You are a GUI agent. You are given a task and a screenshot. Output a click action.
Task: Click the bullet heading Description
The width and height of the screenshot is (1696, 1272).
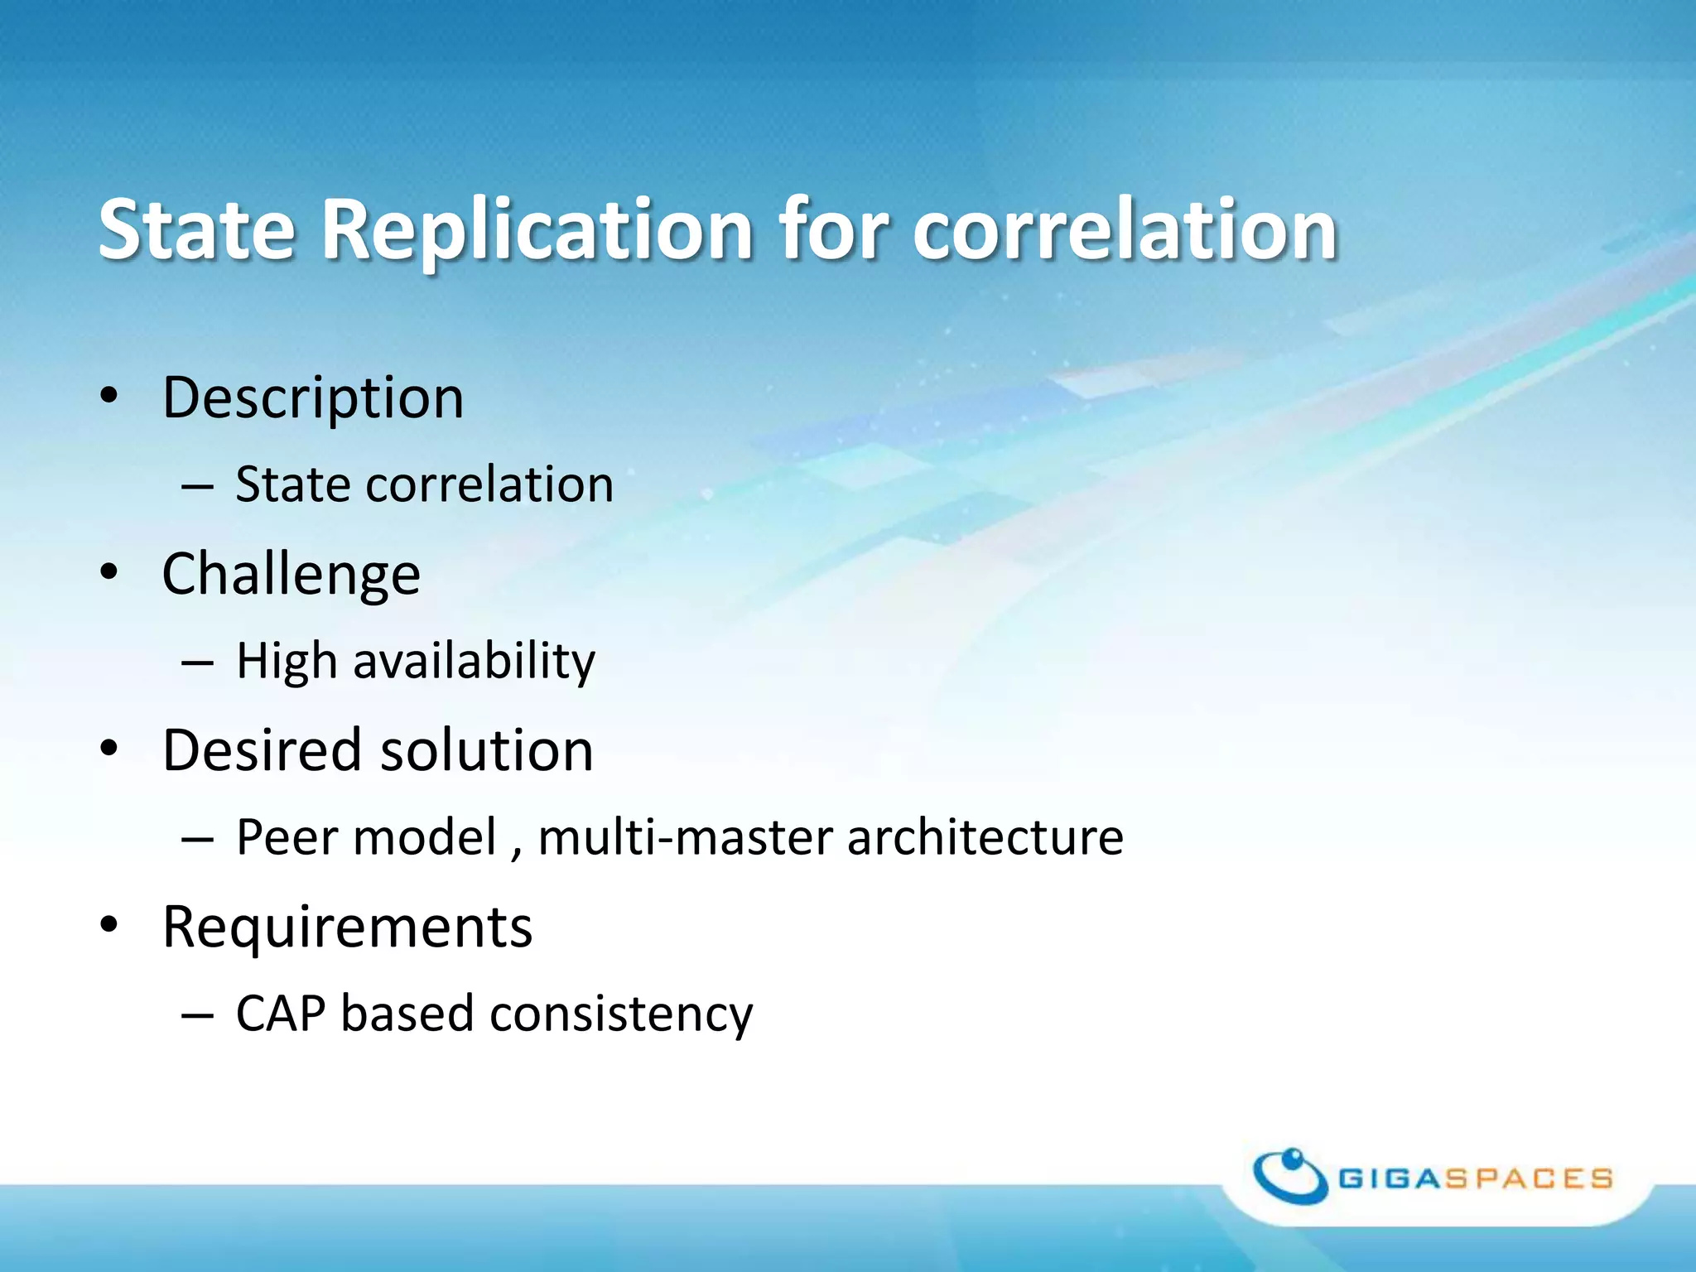[312, 398]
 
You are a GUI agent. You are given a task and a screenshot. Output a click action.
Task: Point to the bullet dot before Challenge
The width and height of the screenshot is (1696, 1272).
[109, 572]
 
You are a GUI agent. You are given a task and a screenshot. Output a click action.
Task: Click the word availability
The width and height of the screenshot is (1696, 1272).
[474, 662]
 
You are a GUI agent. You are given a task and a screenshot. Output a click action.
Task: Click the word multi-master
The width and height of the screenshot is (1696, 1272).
[685, 837]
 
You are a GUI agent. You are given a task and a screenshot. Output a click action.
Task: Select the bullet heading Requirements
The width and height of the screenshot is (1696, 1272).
[347, 927]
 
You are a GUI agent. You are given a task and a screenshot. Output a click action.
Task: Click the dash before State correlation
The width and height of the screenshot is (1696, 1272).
[197, 486]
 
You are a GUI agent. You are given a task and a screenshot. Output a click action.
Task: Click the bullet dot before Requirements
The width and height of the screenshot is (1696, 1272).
[109, 925]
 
